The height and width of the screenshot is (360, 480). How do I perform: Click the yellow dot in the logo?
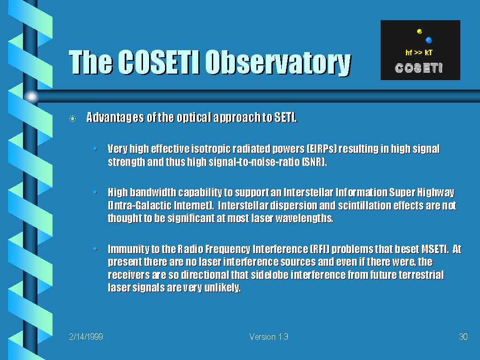tap(420, 31)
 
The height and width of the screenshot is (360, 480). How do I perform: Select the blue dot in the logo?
tap(428, 40)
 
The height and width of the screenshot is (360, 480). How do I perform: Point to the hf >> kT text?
tap(419, 52)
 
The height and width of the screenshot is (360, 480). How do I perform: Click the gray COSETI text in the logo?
tap(419, 68)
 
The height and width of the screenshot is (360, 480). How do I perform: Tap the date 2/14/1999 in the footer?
tap(86, 337)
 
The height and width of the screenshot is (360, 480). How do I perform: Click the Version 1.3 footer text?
tap(269, 337)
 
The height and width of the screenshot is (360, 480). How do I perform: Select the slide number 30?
tap(463, 337)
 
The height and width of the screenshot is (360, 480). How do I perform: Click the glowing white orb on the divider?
tap(31, 97)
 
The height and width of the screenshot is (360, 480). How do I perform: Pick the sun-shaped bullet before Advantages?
tap(73, 118)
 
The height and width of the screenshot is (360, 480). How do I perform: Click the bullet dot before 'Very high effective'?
tap(95, 149)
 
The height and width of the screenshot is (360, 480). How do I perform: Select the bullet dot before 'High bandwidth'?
tap(95, 192)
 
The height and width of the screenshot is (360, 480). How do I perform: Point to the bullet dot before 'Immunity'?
tap(95, 249)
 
